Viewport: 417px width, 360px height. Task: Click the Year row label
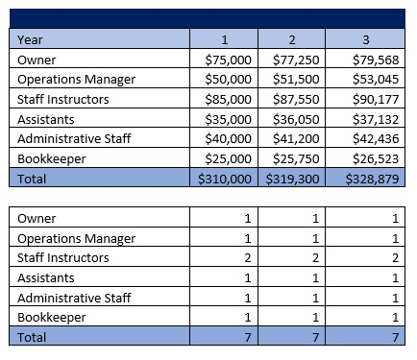pyautogui.click(x=33, y=38)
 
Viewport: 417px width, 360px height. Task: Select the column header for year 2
pyautogui.click(x=290, y=38)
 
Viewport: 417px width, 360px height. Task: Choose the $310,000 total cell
pyautogui.click(x=225, y=179)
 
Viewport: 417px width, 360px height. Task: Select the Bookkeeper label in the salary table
pyautogui.click(x=54, y=158)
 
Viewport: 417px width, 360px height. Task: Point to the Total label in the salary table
pyautogui.click(x=33, y=179)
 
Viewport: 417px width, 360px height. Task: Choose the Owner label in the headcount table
pyautogui.click(x=37, y=218)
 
